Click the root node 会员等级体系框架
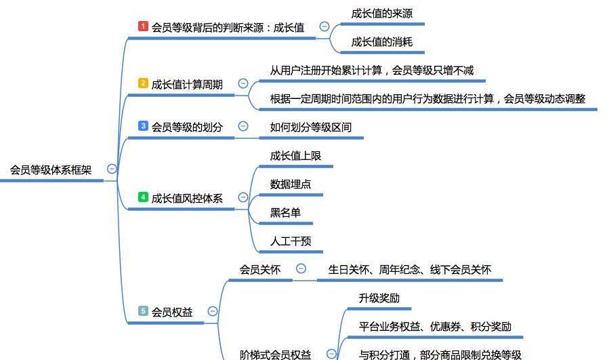point(51,170)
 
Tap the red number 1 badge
point(143,26)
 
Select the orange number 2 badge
point(143,83)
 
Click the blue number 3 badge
point(143,125)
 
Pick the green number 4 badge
point(143,197)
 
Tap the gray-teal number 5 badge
point(143,311)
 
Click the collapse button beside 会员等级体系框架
point(112,169)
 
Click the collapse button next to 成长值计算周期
point(243,83)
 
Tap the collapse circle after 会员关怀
point(301,268)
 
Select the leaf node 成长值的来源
point(382,14)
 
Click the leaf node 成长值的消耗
point(382,42)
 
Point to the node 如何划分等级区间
point(311,127)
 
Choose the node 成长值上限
point(295,156)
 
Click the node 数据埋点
point(291,184)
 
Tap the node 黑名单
point(285,213)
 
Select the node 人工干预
point(291,241)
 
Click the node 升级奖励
point(379,298)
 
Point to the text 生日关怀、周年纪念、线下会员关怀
point(410,269)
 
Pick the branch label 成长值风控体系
point(187,198)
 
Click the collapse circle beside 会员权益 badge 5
point(213,311)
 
